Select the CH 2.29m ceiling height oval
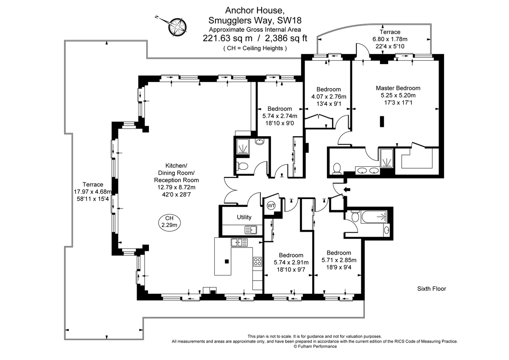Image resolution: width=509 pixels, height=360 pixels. (x=169, y=222)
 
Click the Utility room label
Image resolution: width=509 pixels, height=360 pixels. (x=244, y=217)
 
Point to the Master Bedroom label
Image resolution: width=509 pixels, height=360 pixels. (x=398, y=88)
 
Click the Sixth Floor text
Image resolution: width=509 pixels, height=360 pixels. (x=431, y=289)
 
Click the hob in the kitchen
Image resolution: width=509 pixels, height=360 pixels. (x=257, y=262)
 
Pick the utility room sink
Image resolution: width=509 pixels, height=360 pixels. (x=251, y=230)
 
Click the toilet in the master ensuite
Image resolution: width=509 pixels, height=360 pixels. (x=337, y=169)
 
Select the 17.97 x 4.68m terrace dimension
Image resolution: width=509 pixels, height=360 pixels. (x=93, y=191)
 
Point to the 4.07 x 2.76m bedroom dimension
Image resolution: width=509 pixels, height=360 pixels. (x=329, y=96)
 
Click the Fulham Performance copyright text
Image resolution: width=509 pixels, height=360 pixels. (x=315, y=346)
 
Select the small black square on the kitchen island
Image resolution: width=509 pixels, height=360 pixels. (x=227, y=261)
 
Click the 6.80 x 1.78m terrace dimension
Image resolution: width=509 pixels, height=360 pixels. (x=389, y=39)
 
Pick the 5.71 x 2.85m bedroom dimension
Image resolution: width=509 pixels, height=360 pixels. (x=338, y=260)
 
